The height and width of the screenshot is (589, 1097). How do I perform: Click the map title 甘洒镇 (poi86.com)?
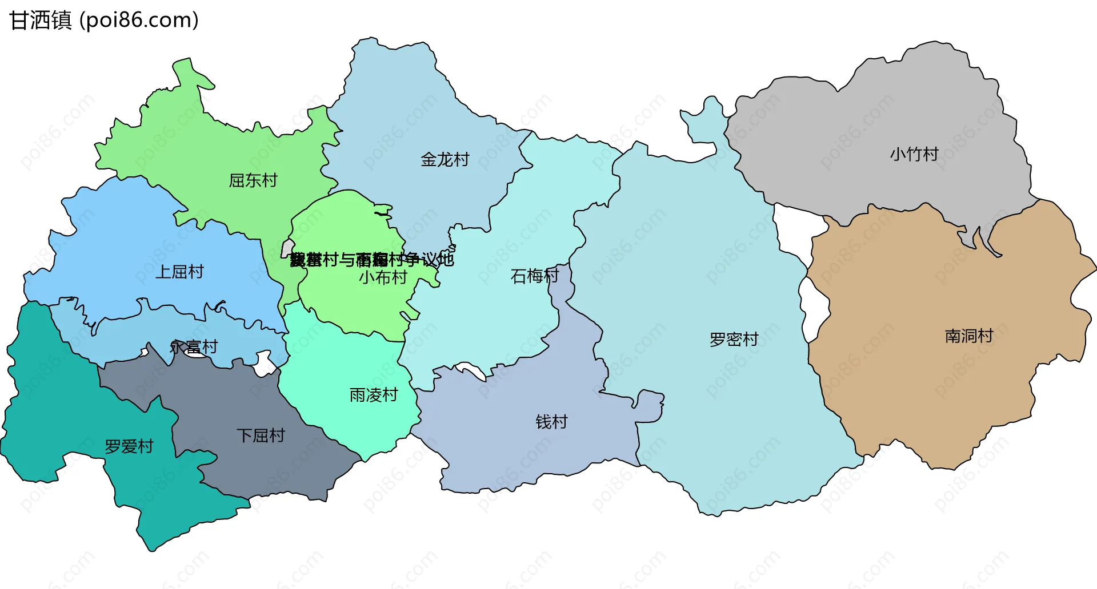click(104, 20)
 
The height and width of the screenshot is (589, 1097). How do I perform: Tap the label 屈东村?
click(253, 180)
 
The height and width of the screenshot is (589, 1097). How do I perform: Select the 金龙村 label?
click(445, 159)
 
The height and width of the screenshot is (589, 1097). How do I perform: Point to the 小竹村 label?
click(914, 154)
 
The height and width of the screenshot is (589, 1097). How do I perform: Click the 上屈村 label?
click(179, 272)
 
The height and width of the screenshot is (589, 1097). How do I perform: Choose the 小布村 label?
click(383, 277)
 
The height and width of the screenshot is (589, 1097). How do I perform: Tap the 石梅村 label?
click(534, 276)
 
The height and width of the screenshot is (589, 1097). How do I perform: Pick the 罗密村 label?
click(734, 340)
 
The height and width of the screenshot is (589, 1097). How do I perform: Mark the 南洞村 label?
click(968, 336)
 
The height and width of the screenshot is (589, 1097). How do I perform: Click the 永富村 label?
click(194, 346)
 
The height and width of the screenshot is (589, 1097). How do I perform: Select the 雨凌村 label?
click(373, 395)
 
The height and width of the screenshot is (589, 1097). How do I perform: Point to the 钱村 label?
click(551, 422)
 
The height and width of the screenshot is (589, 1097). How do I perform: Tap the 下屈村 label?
click(261, 435)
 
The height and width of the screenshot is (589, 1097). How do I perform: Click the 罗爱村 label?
click(129, 446)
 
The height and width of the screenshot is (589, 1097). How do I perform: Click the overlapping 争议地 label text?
click(371, 260)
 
